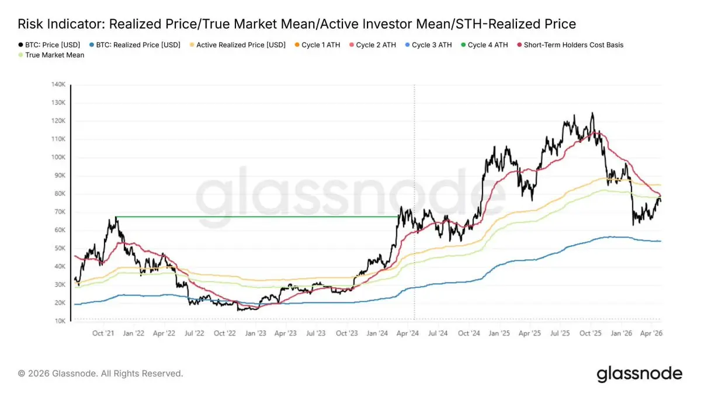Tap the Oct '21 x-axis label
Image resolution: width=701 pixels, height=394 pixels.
(x=103, y=333)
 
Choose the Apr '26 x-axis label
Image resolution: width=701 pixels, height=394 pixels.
(x=651, y=333)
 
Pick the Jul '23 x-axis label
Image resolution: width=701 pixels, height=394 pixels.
(x=316, y=333)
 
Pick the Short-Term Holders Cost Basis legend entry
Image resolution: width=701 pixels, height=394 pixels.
(x=572, y=44)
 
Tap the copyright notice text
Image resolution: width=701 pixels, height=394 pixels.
(x=100, y=373)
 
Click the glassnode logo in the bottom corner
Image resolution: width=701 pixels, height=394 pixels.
(x=639, y=373)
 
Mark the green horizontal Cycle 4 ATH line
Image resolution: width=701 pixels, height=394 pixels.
(x=257, y=217)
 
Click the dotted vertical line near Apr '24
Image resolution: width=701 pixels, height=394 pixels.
(x=414, y=175)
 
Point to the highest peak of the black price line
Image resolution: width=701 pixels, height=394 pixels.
(x=592, y=113)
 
